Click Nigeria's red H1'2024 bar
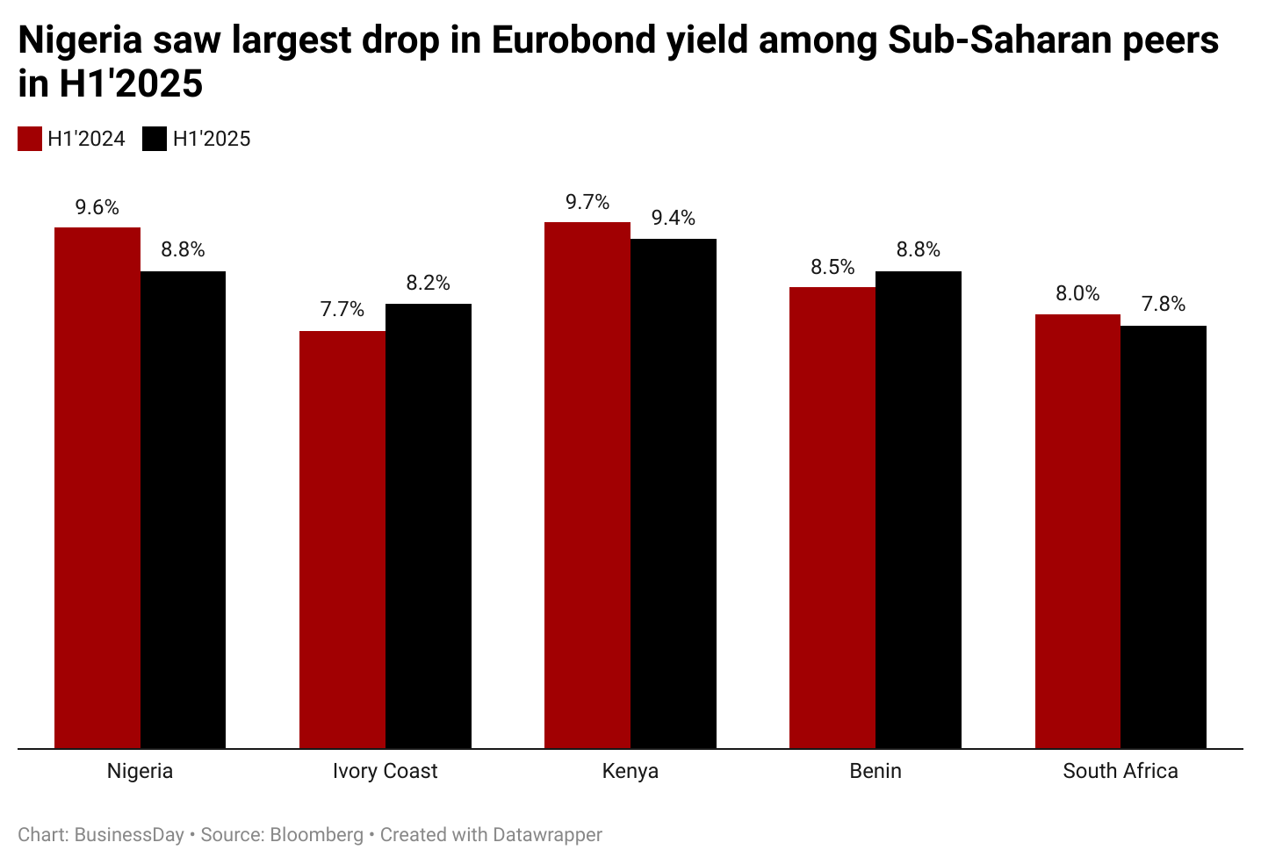click(97, 487)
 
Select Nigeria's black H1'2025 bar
click(183, 509)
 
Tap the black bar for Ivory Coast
click(429, 525)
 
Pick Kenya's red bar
click(587, 485)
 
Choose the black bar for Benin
click(919, 509)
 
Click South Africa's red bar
click(1077, 530)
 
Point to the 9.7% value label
click(587, 203)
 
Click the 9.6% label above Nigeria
click(97, 208)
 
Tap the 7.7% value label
click(342, 310)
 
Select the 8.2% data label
click(428, 284)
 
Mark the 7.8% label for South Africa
click(1164, 305)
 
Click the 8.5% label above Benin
click(832, 268)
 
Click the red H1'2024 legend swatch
click(30, 139)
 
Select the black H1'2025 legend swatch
click(155, 139)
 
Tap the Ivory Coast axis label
click(385, 772)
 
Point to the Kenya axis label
click(630, 772)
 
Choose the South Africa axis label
click(1120, 772)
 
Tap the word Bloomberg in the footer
click(316, 835)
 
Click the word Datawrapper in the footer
click(547, 835)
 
